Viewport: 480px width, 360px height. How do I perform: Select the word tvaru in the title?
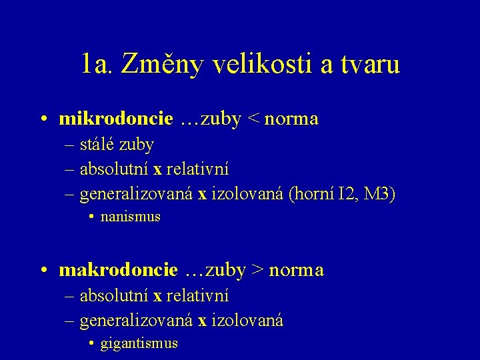(372, 64)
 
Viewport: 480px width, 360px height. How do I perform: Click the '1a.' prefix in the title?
(99, 64)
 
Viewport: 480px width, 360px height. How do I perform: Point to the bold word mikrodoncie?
(116, 119)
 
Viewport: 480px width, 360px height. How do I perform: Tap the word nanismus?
(131, 217)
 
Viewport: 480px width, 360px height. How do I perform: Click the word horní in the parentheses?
(316, 194)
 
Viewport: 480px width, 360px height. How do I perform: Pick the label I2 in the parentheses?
(348, 194)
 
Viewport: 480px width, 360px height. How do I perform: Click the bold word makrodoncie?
(119, 270)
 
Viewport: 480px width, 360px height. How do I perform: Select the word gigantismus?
(139, 343)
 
